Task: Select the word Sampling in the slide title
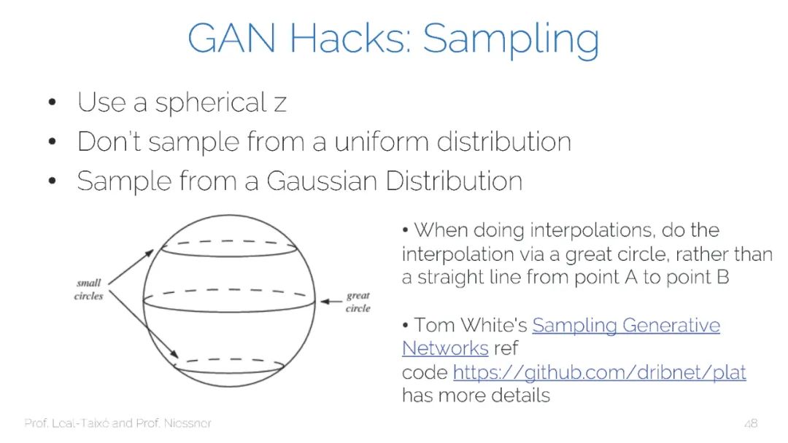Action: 511,41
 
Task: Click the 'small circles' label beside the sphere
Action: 88,289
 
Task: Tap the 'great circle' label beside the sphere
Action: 358,302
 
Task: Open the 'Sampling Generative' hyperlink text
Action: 625,325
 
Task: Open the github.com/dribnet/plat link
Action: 599,372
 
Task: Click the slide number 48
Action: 751,423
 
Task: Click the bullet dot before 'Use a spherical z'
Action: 52,103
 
